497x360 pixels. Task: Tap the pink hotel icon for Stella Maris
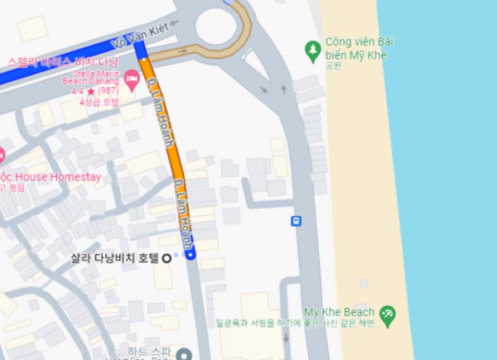(x=132, y=79)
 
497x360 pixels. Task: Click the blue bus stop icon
(x=297, y=221)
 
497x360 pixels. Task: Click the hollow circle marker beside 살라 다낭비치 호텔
(x=166, y=257)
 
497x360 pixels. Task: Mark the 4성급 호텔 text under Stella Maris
(x=99, y=102)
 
